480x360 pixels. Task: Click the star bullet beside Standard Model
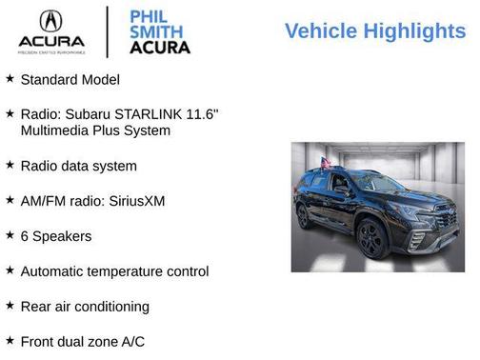coord(10,78)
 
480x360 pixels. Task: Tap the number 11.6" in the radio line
coord(205,113)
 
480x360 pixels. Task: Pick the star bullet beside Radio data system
coord(10,165)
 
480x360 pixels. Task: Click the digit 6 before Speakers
coord(25,235)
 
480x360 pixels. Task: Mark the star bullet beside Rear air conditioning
coord(10,306)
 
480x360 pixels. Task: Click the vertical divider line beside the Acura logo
coord(106,30)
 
